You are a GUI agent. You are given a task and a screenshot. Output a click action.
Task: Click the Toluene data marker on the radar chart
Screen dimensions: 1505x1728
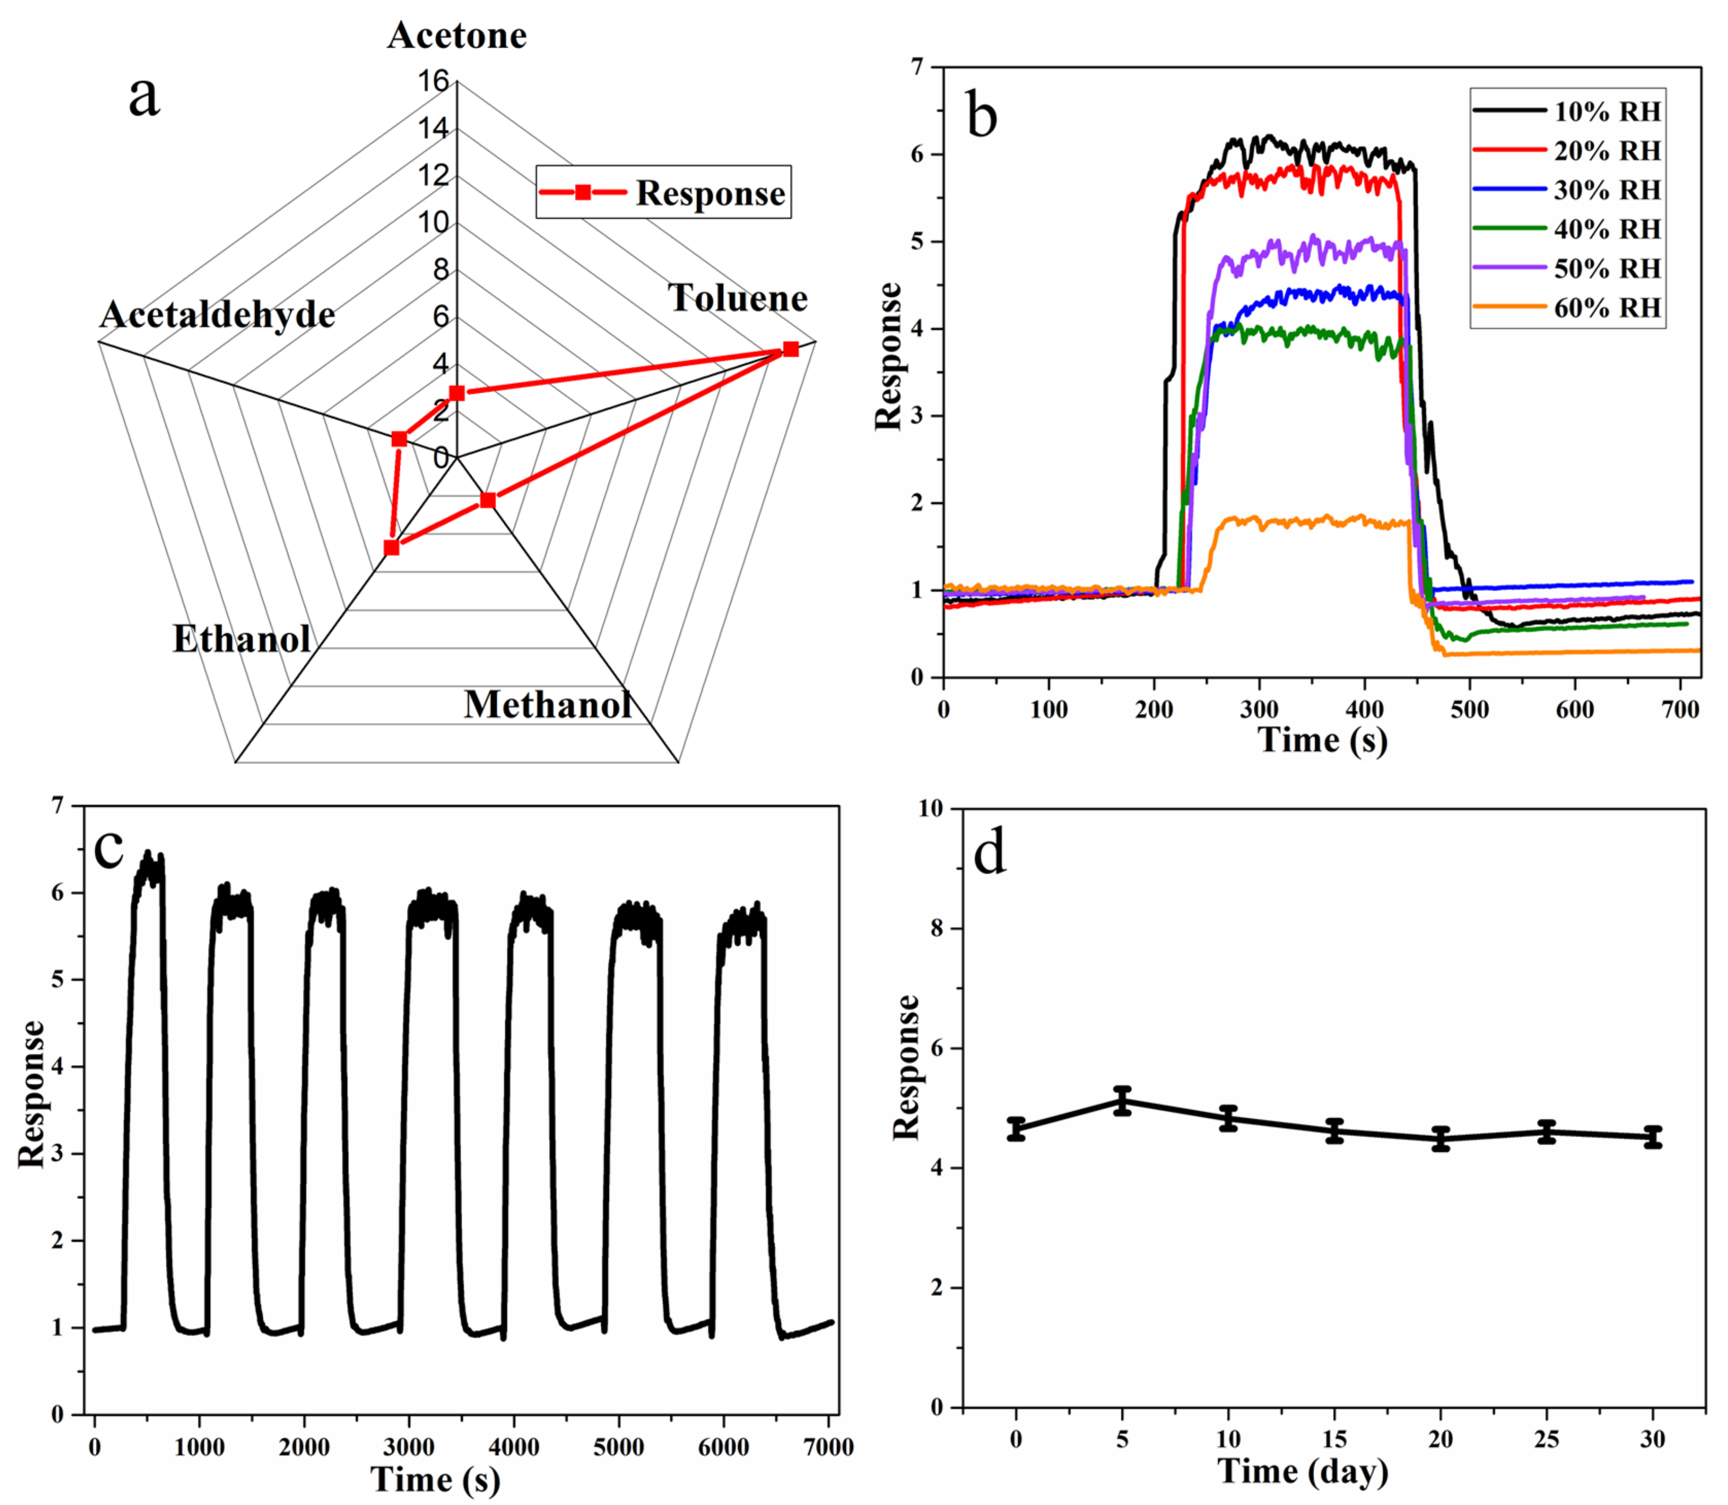pos(790,348)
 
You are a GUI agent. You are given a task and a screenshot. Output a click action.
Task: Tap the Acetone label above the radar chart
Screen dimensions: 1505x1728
pos(457,35)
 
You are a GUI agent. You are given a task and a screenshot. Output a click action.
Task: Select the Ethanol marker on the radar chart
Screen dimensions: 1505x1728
pos(391,548)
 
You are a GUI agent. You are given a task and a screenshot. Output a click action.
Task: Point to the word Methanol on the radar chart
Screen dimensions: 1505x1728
pos(548,704)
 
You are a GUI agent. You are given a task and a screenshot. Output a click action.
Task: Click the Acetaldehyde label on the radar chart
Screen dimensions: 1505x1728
pos(217,315)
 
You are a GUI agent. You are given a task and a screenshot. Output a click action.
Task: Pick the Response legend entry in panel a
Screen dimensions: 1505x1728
pos(663,192)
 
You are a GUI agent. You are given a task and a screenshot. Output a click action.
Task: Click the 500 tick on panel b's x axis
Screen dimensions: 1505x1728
pos(1470,710)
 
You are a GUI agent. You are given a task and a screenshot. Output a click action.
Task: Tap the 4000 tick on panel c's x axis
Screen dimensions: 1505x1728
pos(514,1447)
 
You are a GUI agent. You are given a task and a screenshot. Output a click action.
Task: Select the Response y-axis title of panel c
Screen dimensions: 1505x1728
pos(32,1094)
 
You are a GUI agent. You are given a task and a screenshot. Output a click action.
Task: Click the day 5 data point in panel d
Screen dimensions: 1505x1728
pos(1122,1100)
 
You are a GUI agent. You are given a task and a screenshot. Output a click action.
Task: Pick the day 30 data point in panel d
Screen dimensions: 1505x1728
pos(1652,1137)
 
